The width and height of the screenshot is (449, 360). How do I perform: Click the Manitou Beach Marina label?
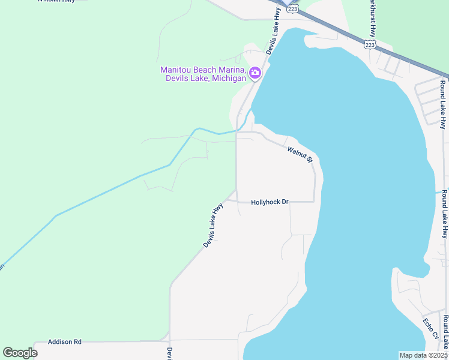[x=203, y=74]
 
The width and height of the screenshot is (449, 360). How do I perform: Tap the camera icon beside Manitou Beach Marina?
[x=255, y=73]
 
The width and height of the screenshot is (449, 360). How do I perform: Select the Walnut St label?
[x=300, y=155]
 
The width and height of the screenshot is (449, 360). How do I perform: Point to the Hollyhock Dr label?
[x=270, y=202]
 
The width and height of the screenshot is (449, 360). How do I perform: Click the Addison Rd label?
[x=64, y=341]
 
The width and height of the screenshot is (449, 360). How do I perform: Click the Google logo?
[x=20, y=353]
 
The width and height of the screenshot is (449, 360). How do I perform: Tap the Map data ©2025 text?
[x=423, y=355]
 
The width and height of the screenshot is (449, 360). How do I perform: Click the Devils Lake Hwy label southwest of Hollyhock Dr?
[x=213, y=226]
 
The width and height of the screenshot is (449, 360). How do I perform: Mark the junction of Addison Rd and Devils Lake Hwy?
[x=170, y=340]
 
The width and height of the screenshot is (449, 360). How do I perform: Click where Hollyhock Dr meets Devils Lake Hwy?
[x=237, y=202]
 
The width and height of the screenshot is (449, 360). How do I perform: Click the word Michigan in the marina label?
[x=228, y=79]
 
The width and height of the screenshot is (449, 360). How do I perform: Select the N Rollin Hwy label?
[x=56, y=1]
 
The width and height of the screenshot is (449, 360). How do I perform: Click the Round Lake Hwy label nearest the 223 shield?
[x=443, y=105]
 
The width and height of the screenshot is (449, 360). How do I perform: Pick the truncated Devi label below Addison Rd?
[x=170, y=353]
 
